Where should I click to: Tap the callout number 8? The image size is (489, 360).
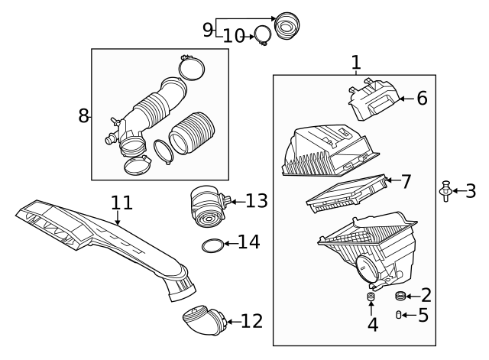point(83,116)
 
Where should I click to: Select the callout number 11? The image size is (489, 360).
point(121,203)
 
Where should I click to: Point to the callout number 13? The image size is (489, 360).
point(257,201)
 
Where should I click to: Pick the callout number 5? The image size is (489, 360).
point(423,314)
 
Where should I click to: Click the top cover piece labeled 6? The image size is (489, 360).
point(374,102)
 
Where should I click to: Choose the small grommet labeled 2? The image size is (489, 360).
point(400,296)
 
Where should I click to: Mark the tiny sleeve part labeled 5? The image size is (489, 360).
point(399,314)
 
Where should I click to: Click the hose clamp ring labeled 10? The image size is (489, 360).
point(262,35)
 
